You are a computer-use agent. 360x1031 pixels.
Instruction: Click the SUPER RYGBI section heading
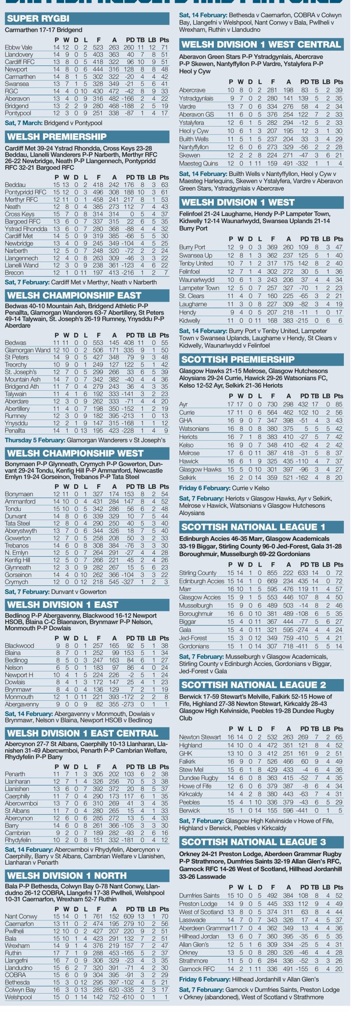(x=38, y=19)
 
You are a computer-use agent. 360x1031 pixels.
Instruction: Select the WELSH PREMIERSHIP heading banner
(x=57, y=137)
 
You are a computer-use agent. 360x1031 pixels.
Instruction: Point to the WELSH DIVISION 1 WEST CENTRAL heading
(x=261, y=44)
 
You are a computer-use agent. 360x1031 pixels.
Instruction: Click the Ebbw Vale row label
(x=19, y=48)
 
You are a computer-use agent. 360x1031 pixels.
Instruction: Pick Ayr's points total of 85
(x=338, y=404)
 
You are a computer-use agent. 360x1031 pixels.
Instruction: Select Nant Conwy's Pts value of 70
(x=164, y=916)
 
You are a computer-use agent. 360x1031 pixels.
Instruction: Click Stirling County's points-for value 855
(x=273, y=573)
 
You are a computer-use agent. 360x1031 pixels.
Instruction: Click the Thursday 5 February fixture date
(x=35, y=440)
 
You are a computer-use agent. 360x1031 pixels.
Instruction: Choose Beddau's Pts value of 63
(x=164, y=185)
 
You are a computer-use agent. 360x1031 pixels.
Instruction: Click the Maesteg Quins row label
(x=199, y=164)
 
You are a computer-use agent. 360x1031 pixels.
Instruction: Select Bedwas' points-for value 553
(x=98, y=343)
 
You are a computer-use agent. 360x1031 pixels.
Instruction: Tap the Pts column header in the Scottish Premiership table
(x=338, y=396)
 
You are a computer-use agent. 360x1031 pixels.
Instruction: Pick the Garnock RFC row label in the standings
(x=197, y=969)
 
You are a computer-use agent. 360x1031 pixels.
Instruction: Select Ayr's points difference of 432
(x=303, y=404)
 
